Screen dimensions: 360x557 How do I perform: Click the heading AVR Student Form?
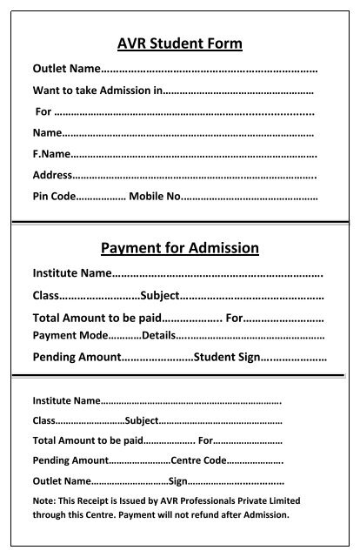pyautogui.click(x=179, y=44)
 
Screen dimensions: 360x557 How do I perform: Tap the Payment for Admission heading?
pyautogui.click(x=179, y=248)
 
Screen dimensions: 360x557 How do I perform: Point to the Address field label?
pyautogui.click(x=52, y=175)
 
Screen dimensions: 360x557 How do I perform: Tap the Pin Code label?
pyautogui.click(x=54, y=196)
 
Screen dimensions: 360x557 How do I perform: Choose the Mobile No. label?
pyautogui.click(x=154, y=196)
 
